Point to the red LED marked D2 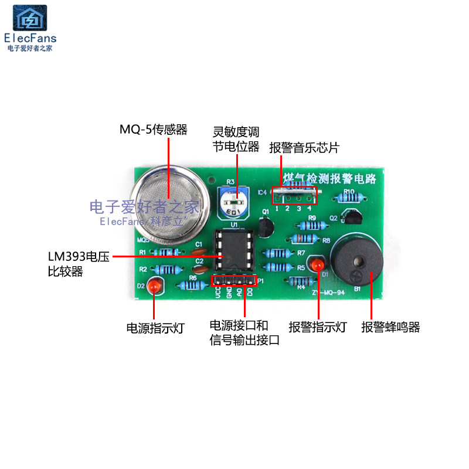point(155,286)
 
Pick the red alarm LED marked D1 point(320,264)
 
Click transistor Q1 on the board point(266,225)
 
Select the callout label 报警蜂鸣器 point(390,327)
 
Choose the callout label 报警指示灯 point(318,327)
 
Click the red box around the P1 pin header point(234,281)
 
